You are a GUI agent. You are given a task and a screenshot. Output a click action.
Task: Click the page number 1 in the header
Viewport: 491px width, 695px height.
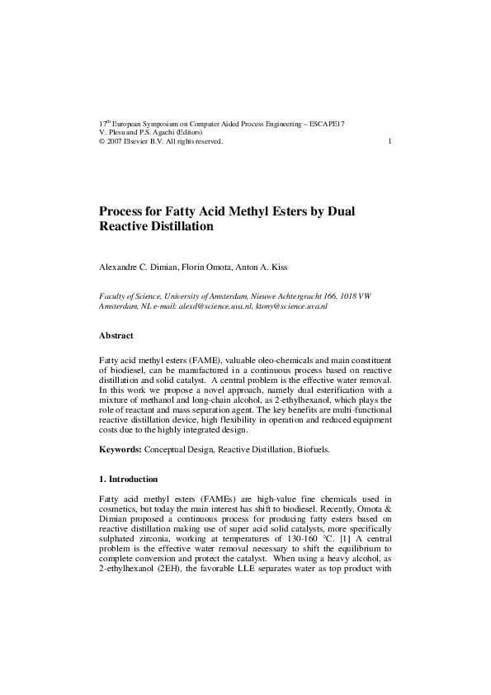tap(389, 141)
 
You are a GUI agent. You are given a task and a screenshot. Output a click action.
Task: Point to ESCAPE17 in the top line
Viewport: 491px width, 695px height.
tap(328, 123)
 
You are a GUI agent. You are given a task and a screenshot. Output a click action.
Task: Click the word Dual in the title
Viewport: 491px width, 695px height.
tap(340, 210)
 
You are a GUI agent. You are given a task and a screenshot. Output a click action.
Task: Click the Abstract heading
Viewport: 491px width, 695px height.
tap(116, 336)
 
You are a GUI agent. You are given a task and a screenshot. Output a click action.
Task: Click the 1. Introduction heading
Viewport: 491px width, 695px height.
tap(128, 480)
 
